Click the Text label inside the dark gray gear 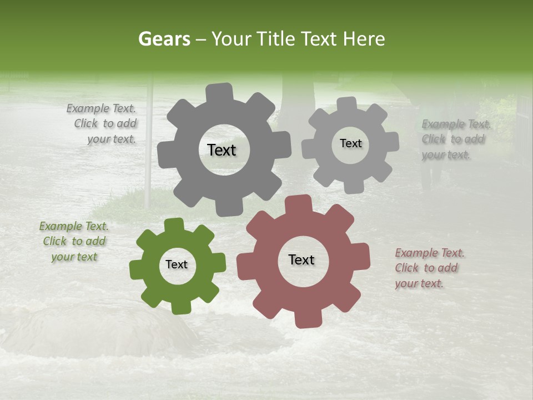[222, 150]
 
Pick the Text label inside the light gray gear [350, 143]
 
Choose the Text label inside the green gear [177, 265]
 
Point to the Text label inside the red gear [301, 260]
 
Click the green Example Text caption [74, 242]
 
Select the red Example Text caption [429, 268]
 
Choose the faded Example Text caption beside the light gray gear [455, 139]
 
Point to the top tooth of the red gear [298, 203]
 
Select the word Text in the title [319, 39]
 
